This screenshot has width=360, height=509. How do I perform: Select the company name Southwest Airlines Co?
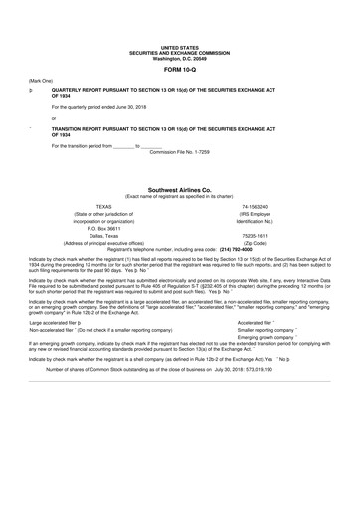point(179,188)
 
